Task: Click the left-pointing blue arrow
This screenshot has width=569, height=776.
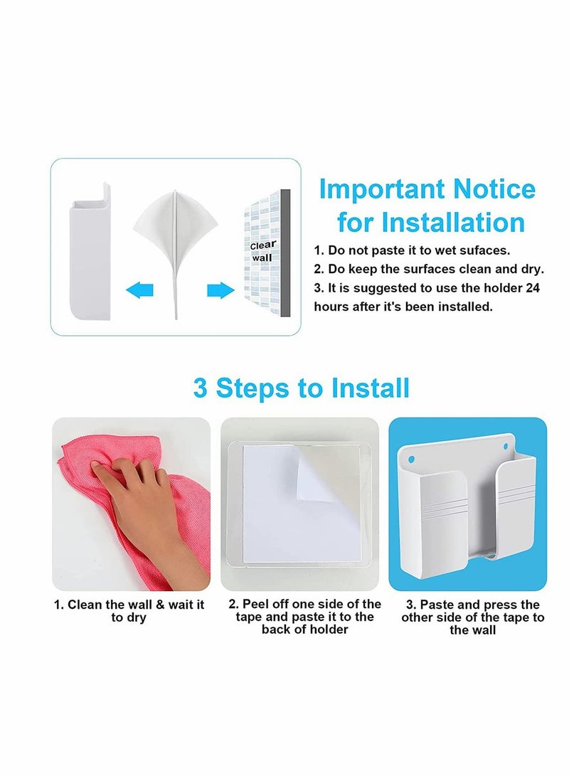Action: click(x=139, y=289)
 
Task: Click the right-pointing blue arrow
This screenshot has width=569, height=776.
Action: click(x=220, y=289)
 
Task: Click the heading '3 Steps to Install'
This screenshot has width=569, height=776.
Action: click(x=301, y=388)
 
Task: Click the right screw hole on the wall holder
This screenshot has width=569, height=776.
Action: click(x=506, y=448)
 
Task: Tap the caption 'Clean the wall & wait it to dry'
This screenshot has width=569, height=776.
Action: click(x=129, y=610)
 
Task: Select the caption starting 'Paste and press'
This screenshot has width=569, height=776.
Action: click(x=472, y=617)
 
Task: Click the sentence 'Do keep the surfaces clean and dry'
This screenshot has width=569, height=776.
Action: click(x=429, y=270)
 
